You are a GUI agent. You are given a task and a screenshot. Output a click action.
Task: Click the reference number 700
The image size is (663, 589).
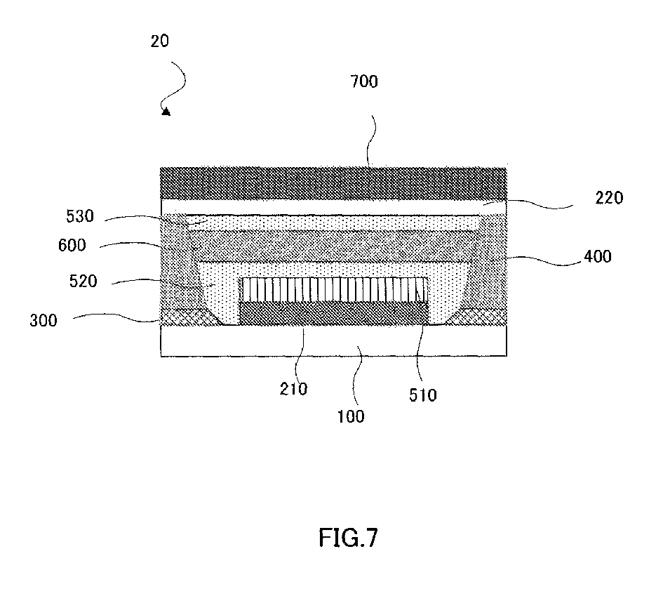coord(364,82)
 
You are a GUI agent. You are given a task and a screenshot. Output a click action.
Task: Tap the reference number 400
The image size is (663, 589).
coord(598,257)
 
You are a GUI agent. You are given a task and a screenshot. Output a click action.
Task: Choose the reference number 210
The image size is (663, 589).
coord(293,388)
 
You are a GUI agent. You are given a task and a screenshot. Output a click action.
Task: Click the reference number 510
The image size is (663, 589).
coord(423,395)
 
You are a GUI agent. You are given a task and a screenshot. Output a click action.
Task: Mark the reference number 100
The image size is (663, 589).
coord(351,416)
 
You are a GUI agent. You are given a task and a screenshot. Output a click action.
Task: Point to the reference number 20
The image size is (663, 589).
coord(159,41)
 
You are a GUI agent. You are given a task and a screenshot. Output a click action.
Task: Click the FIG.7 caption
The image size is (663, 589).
coord(347,539)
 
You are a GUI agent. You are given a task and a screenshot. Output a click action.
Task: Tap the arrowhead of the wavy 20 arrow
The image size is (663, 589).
coord(166,110)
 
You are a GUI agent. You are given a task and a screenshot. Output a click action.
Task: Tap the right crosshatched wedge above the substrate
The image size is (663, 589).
coord(481,317)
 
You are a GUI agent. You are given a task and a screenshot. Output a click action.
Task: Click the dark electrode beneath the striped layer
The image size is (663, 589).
coord(333,314)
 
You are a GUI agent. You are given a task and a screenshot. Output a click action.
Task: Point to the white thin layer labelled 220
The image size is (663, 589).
coord(333,206)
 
